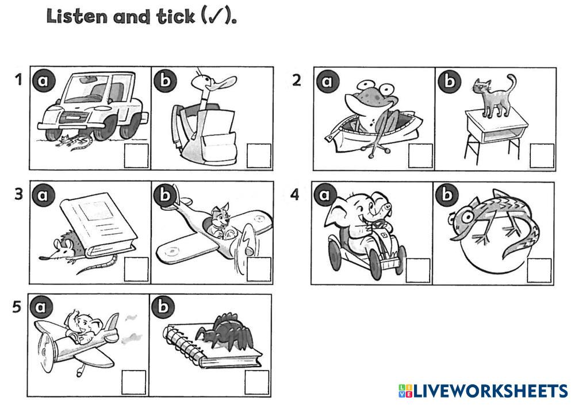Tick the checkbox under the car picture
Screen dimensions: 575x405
[x=136, y=156]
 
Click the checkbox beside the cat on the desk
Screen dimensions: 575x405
[x=542, y=156]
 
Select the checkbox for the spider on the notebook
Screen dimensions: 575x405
[x=256, y=383]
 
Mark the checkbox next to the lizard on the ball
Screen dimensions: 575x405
[x=539, y=271]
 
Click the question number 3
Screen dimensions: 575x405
[x=18, y=194]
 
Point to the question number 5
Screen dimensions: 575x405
[x=17, y=307]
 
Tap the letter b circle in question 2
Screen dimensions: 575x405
[x=450, y=82]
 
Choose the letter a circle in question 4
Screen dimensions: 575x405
[x=325, y=195]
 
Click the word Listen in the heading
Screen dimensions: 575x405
[x=78, y=17]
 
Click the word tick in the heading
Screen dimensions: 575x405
[x=175, y=17]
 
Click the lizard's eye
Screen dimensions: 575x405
[x=467, y=216]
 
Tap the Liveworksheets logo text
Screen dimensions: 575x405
[x=484, y=391]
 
